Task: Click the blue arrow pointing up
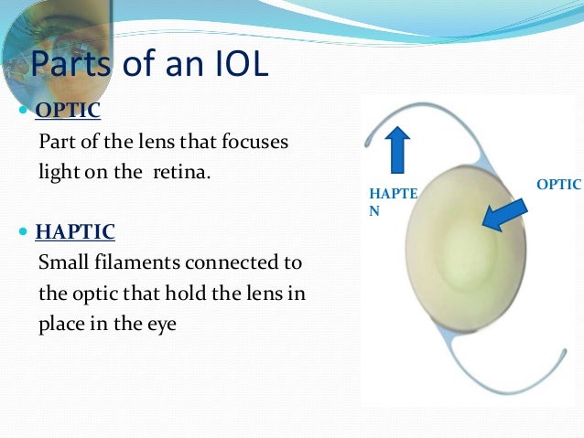[398, 150]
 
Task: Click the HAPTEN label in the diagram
[392, 202]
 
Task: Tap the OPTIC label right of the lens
[558, 185]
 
